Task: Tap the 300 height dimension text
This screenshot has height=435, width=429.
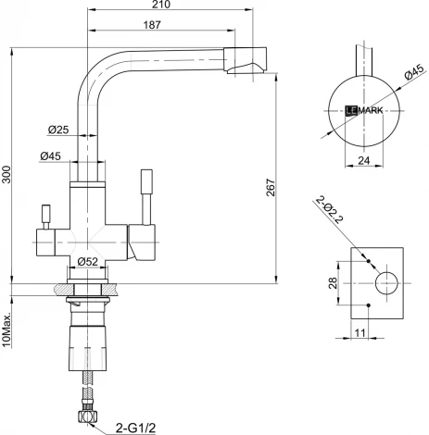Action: [x=9, y=178]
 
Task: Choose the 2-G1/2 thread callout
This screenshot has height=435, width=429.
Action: [x=136, y=427]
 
